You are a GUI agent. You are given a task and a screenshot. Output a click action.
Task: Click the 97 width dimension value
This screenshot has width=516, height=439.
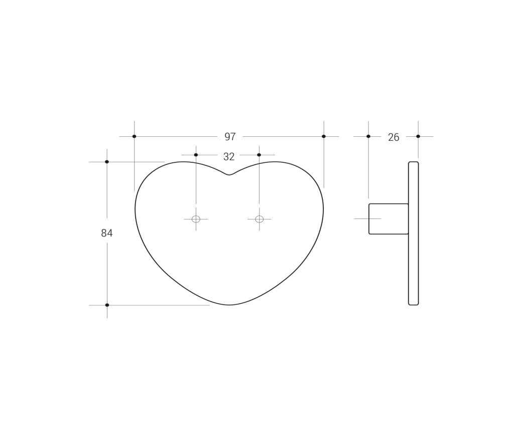click(230, 137)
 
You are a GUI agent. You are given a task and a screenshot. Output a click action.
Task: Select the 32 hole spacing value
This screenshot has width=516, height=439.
click(229, 157)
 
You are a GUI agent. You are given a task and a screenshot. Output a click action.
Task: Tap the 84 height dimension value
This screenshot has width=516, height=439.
click(107, 233)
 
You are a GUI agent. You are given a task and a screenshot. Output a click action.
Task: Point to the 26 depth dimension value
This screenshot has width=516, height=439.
click(394, 137)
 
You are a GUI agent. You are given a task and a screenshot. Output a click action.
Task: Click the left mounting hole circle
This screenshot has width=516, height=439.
click(196, 219)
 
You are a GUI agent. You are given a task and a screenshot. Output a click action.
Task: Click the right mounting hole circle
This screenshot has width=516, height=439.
click(260, 219)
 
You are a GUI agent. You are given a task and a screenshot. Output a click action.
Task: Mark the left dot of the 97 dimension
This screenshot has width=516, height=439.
click(134, 136)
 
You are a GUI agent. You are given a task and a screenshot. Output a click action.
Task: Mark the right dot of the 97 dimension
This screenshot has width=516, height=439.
click(324, 136)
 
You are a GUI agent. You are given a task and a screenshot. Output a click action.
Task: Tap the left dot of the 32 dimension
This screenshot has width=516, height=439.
click(196, 155)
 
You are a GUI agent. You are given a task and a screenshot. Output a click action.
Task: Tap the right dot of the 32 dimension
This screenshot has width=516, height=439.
click(259, 155)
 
